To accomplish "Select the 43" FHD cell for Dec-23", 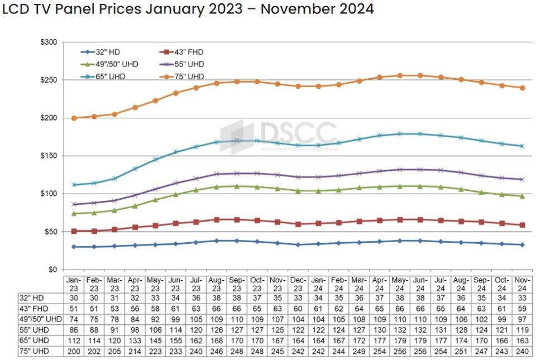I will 298,309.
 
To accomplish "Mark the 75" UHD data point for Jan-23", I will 74,118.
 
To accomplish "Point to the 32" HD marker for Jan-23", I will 74,247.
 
